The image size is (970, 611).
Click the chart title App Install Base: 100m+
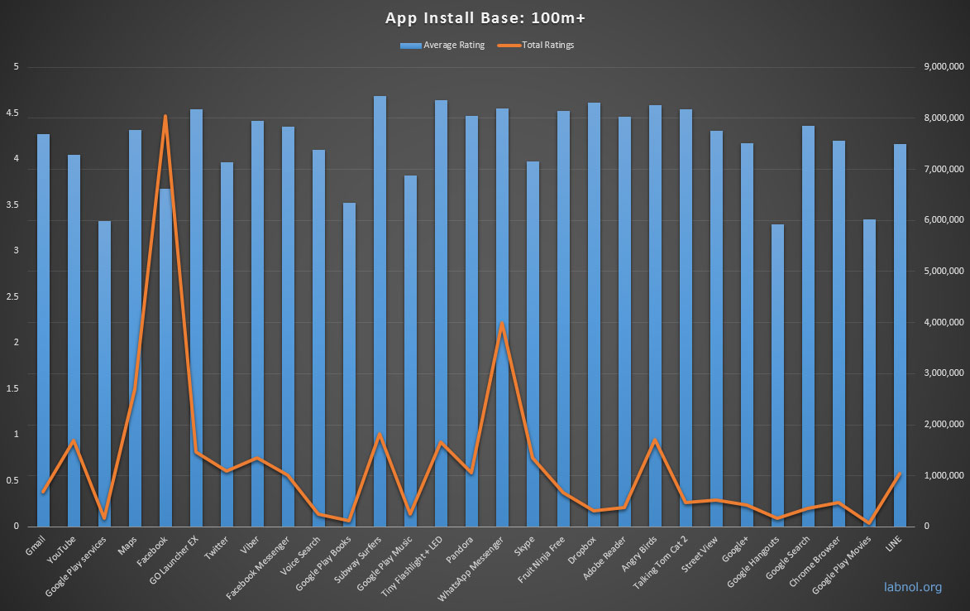pyautogui.click(x=485, y=17)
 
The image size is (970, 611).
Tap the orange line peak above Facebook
pyautogui.click(x=165, y=117)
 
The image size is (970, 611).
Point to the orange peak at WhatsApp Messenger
pyautogui.click(x=502, y=323)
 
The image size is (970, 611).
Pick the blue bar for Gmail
pyautogui.click(x=43, y=331)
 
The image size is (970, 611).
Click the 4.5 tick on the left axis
pyautogui.click(x=12, y=113)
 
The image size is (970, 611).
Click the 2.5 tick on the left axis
pyautogui.click(x=12, y=296)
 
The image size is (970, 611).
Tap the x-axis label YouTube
pyautogui.click(x=63, y=550)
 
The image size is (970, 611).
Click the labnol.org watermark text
pyautogui.click(x=911, y=588)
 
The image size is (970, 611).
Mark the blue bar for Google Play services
pyautogui.click(x=104, y=373)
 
